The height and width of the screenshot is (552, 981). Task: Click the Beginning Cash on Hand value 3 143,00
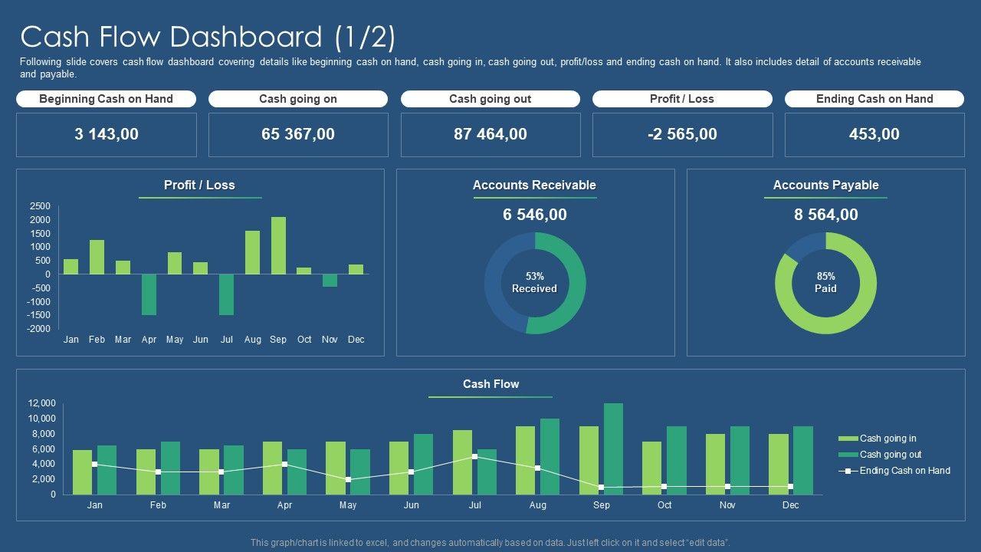coord(107,134)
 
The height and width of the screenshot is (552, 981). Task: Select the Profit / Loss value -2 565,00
coord(682,134)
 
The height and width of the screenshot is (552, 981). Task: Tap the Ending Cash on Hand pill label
coord(874,99)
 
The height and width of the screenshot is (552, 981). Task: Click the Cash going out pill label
coord(490,99)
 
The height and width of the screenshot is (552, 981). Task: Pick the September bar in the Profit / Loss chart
coord(278,245)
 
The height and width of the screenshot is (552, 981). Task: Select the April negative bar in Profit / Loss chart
coord(149,294)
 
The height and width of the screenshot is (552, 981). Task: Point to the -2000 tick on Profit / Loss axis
coord(40,328)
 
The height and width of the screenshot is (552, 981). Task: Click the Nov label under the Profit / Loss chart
coord(330,340)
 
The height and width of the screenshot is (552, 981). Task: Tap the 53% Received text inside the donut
coord(534,282)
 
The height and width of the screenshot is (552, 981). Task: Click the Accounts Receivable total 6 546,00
coord(535,215)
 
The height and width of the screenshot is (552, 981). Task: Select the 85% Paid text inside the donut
coord(825,282)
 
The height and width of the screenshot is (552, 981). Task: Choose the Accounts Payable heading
coord(825,185)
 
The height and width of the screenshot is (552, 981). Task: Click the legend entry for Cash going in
coord(887,439)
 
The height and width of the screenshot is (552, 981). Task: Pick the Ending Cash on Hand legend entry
coord(904,471)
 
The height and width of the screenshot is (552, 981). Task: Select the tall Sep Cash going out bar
coord(613,449)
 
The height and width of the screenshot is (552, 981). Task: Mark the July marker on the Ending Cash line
coord(475,457)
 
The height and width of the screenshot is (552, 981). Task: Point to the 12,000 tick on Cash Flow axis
coord(42,403)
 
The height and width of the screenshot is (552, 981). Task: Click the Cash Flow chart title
coord(490,384)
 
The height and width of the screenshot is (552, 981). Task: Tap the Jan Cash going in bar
coord(82,472)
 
